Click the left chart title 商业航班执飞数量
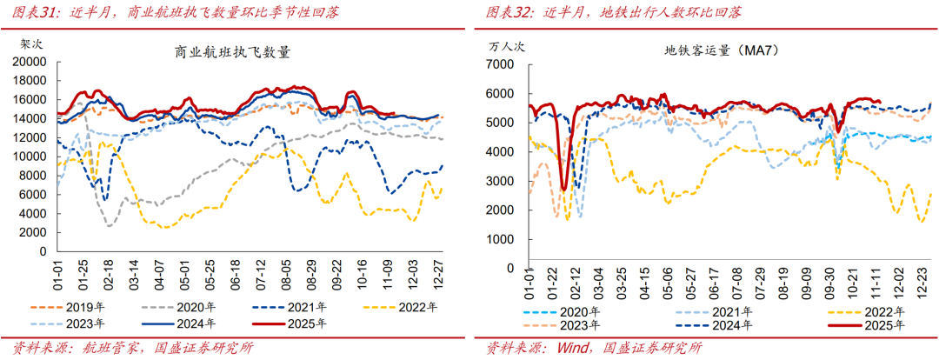coord(232,52)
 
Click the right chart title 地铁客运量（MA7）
coord(721,51)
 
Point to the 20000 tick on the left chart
coord(29,62)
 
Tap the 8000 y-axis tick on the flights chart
coord(32,175)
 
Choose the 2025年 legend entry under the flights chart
coord(302,324)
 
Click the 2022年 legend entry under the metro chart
coord(881,311)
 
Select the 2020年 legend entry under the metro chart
coord(574,311)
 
